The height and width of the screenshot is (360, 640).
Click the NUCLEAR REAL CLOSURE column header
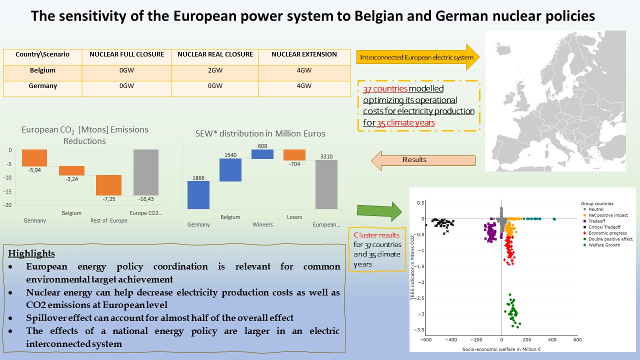[x=215, y=54]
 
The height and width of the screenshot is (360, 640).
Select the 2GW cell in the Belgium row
[x=215, y=70]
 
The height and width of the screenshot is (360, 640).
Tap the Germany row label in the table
[x=42, y=85]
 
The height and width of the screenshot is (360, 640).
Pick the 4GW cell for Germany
[x=304, y=85]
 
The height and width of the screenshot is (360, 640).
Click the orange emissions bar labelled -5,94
[x=34, y=157]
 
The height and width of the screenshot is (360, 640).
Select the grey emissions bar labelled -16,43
[x=146, y=172]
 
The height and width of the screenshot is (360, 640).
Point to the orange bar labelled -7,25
[x=108, y=185]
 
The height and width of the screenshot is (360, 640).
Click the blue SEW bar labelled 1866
[x=198, y=195]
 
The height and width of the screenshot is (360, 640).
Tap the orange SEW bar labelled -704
[x=294, y=155]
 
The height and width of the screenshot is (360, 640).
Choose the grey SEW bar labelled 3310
[x=326, y=184]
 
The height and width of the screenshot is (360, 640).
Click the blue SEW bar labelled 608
[x=262, y=154]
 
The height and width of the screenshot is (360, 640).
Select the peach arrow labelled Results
[x=423, y=160]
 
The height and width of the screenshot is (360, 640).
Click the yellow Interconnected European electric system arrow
[x=418, y=57]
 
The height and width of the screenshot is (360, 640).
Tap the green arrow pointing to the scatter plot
[x=379, y=211]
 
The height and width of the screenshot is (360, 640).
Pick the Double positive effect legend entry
[x=608, y=239]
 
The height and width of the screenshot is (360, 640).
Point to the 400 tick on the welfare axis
[x=552, y=339]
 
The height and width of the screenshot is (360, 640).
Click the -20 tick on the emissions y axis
[x=7, y=205]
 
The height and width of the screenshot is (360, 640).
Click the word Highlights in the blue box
[x=31, y=253]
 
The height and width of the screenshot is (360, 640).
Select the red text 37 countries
[x=385, y=88]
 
